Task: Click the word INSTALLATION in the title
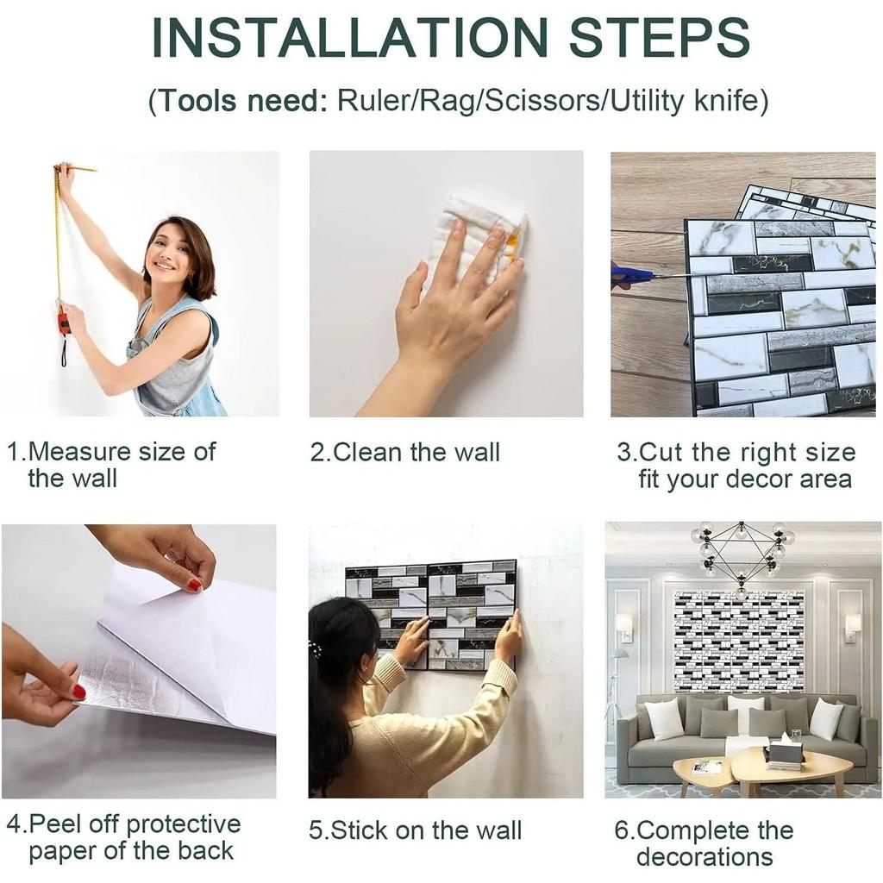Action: pos(350,38)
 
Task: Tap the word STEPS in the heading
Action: pos(660,38)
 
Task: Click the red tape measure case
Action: pos(64,325)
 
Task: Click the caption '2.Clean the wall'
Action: pos(405,452)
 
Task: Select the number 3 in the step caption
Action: pos(624,453)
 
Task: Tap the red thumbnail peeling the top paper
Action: pos(194,586)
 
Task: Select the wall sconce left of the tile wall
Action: pos(626,627)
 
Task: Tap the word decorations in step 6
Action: pos(705,857)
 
